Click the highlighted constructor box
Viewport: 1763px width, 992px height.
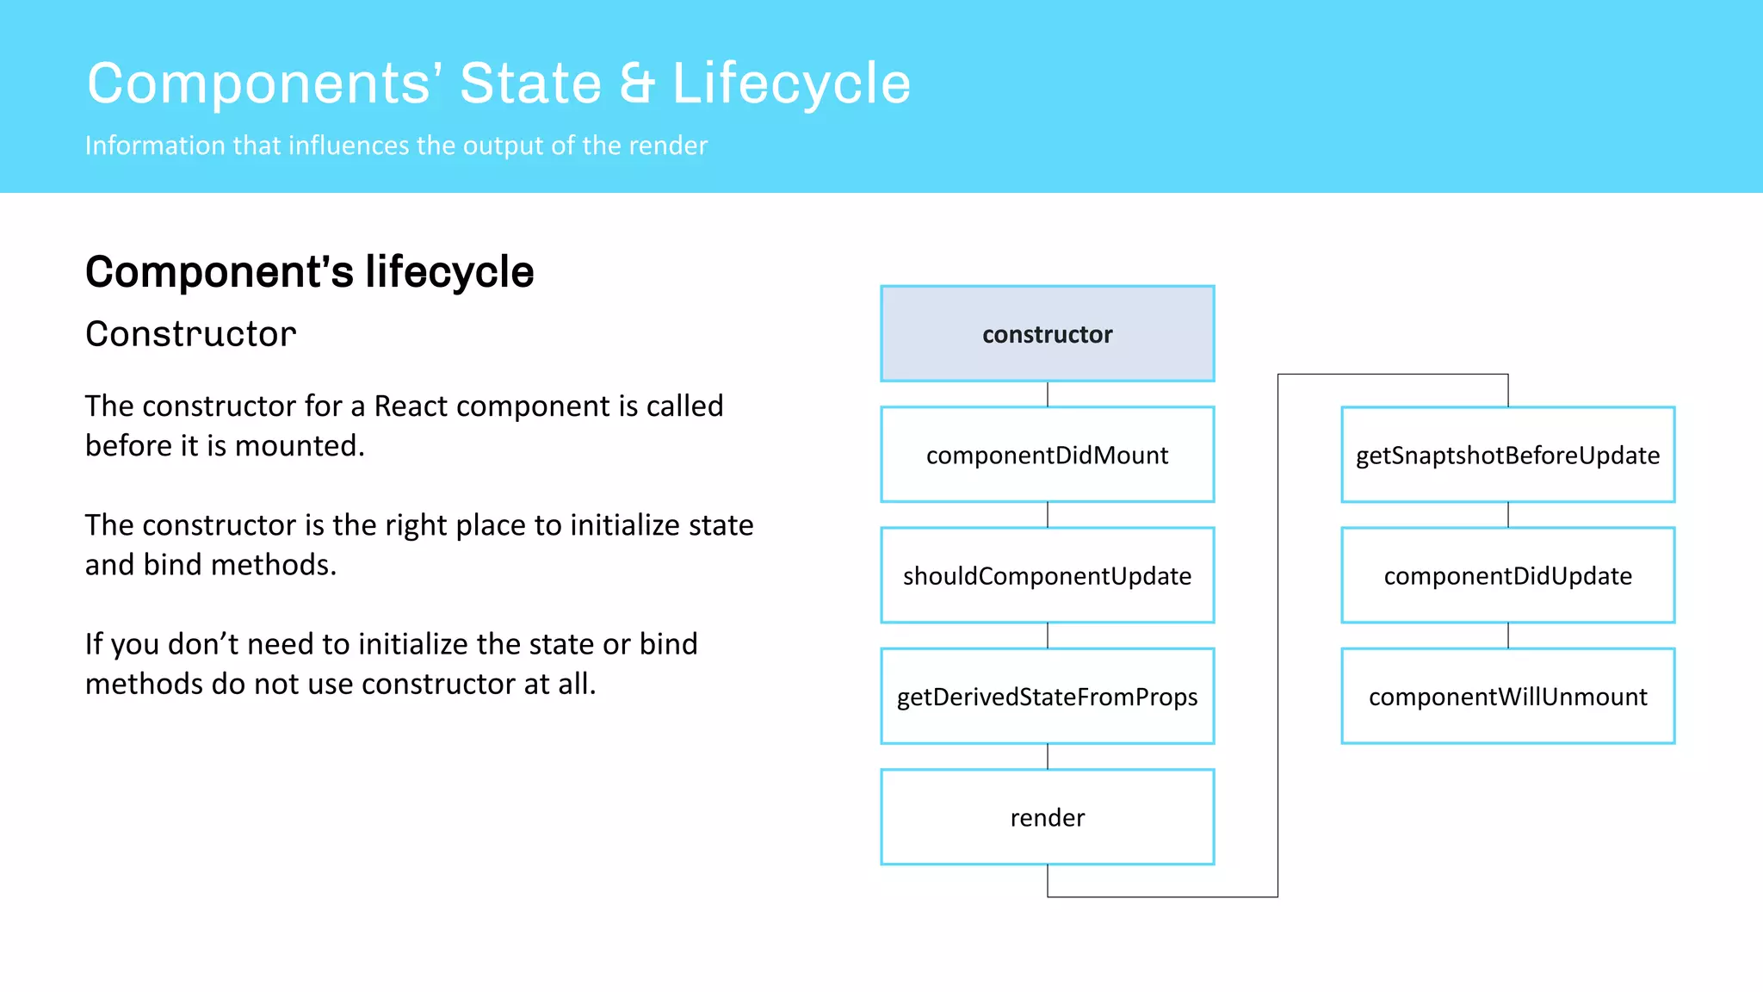point(1047,334)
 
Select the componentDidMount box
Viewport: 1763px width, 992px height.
point(1047,455)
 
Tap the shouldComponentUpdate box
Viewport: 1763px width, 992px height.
point(1047,575)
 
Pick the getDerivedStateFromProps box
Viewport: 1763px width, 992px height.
point(1047,696)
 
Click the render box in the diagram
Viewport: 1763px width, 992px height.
point(1047,816)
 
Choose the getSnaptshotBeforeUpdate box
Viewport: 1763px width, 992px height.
point(1507,455)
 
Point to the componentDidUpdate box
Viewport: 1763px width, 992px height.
point(1507,575)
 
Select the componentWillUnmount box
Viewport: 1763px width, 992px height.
point(1507,696)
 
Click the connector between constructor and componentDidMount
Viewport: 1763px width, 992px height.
point(1048,394)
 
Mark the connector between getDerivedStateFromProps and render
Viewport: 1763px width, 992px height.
point(1048,756)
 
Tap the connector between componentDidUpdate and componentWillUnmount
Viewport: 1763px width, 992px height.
point(1508,635)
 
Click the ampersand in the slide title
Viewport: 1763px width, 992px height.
point(637,84)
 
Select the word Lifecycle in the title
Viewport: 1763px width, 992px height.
point(790,84)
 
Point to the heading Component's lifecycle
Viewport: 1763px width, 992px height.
point(309,272)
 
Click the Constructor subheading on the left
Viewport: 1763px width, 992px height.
point(190,334)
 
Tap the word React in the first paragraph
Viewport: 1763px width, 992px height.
point(411,406)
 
